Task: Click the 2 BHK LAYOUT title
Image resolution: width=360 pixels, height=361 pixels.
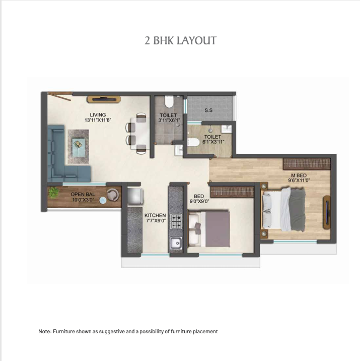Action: pyautogui.click(x=180, y=40)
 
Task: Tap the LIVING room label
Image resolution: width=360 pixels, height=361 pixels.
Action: pyautogui.click(x=98, y=114)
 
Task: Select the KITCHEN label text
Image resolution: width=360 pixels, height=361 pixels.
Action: pyautogui.click(x=155, y=215)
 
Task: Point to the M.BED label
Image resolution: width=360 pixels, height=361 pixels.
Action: pyautogui.click(x=299, y=175)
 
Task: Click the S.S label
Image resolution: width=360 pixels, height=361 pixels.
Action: pyautogui.click(x=208, y=110)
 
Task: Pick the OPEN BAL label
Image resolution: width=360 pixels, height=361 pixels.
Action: pyautogui.click(x=83, y=195)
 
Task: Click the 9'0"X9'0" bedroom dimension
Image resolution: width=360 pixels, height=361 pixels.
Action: pyautogui.click(x=199, y=202)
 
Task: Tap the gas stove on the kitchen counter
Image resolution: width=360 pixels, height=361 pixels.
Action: pyautogui.click(x=176, y=221)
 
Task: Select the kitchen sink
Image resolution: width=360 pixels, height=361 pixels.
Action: pyautogui.click(x=176, y=243)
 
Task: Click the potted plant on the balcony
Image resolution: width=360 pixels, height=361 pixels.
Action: pyautogui.click(x=53, y=193)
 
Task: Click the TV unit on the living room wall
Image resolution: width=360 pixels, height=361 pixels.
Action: pyautogui.click(x=104, y=99)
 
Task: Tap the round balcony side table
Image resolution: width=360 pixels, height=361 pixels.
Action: pyautogui.click(x=103, y=201)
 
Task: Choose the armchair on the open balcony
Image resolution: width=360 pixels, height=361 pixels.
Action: pyautogui.click(x=113, y=195)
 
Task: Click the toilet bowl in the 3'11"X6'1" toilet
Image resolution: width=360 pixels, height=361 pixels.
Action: pyautogui.click(x=169, y=101)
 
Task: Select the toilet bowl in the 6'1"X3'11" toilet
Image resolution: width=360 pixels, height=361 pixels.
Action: pyautogui.click(x=193, y=142)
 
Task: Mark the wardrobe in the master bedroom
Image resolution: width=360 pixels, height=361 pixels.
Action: pyautogui.click(x=307, y=164)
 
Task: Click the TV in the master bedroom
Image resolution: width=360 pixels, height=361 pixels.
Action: pyautogui.click(x=327, y=212)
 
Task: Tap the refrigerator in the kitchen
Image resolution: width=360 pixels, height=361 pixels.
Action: pyautogui.click(x=135, y=196)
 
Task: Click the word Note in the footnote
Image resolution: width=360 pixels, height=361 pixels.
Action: pyautogui.click(x=44, y=332)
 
